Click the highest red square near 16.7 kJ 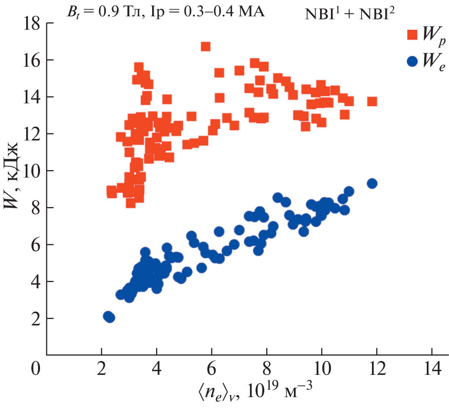[205, 46]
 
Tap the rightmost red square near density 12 [372, 101]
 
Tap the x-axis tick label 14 [432, 370]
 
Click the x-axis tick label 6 [211, 370]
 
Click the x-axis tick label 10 [322, 370]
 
